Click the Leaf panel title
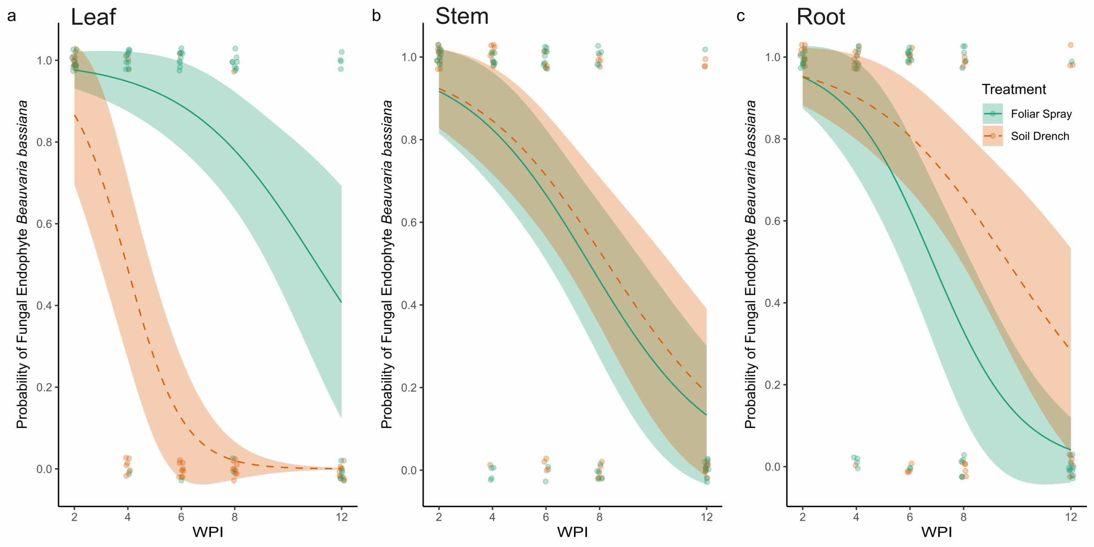pos(93,17)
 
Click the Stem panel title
pos(462,17)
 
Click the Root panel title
pos(820,17)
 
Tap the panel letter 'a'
pos(12,16)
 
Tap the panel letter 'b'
pos(376,16)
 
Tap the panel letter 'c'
pos(741,16)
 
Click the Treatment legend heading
pos(1014,89)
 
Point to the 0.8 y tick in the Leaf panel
pos(44,142)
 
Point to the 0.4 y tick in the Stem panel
pos(409,305)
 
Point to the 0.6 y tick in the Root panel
pos(773,221)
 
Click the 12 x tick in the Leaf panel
pos(341,518)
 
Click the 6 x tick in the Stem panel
pos(546,518)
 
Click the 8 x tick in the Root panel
pos(963,518)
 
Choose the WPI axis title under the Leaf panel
pos(208,532)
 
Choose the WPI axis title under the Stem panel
pos(572,532)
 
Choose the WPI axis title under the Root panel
pos(936,532)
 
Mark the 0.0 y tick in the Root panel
pos(773,467)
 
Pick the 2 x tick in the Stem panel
pos(438,518)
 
